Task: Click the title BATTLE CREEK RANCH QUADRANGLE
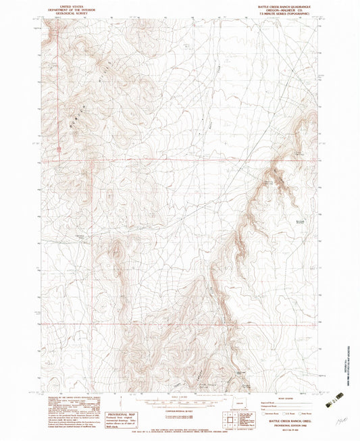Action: coord(286,5)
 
